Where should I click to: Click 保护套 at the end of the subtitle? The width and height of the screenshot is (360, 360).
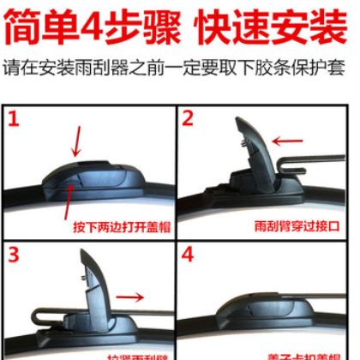point(329,68)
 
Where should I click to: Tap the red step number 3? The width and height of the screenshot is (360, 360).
point(15,255)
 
